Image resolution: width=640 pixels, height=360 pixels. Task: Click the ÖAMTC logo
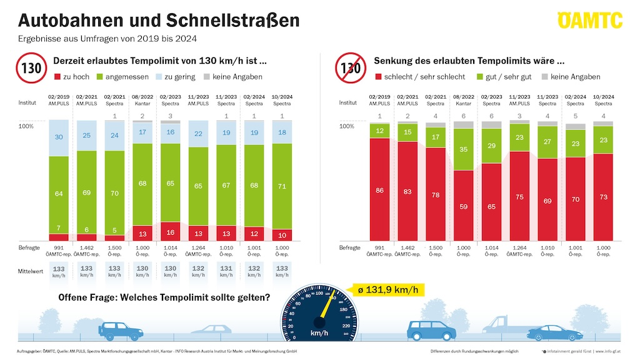pos(589,20)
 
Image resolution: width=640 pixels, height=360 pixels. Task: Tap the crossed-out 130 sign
pos(351,67)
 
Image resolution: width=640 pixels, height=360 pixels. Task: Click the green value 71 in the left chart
pos(282,186)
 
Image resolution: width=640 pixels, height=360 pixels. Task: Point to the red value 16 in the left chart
pos(171,232)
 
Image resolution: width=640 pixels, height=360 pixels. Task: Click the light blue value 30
pos(59,137)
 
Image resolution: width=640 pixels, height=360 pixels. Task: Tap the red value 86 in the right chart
pos(379,190)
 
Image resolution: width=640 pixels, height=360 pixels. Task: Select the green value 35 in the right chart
pos(464,149)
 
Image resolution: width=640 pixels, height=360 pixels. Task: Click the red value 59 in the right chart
pos(464,206)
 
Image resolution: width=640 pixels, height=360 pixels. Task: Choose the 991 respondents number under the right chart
pos(379,247)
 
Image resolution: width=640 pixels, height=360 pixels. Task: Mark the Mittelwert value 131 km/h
pos(226,271)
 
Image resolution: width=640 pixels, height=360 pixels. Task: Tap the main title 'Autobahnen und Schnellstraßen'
pos(159,20)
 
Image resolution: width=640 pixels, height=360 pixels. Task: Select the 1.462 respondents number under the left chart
pos(87,247)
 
